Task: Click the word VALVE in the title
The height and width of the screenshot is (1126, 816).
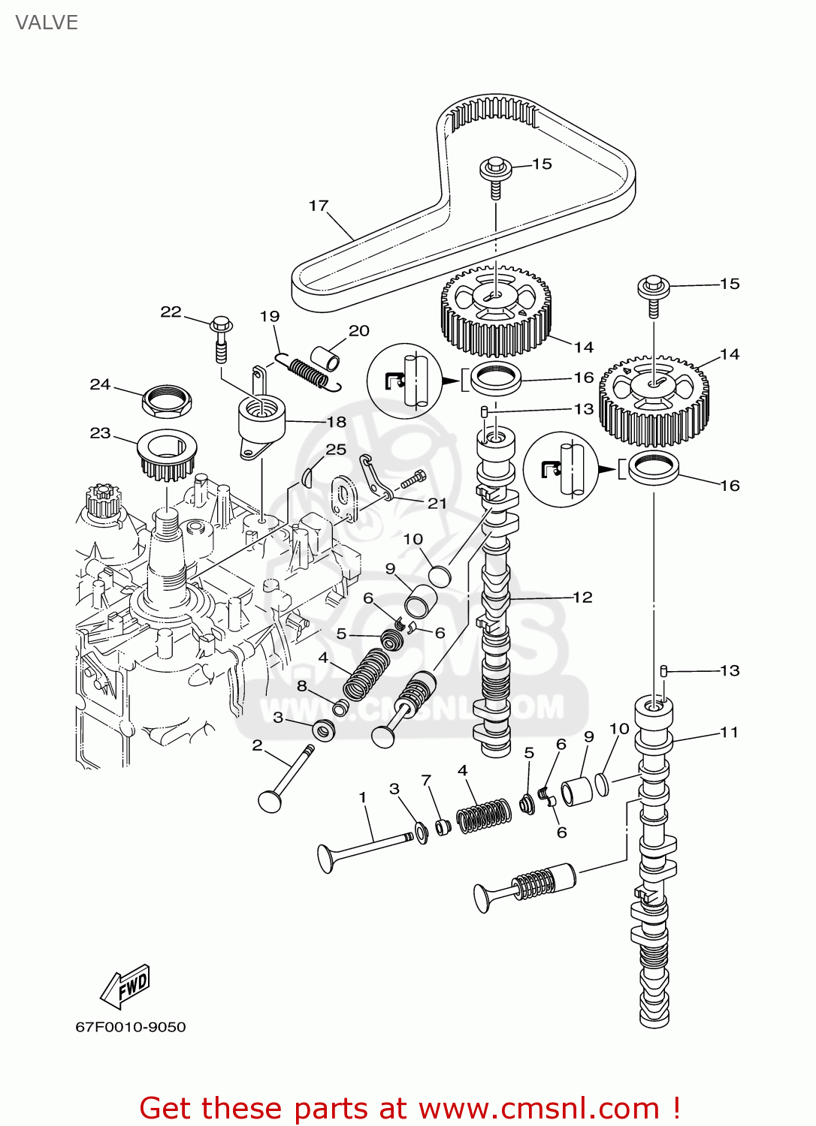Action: [x=47, y=23]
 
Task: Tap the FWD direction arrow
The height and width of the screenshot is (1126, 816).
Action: [x=126, y=986]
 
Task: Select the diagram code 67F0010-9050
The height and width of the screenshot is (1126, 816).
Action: [x=131, y=1027]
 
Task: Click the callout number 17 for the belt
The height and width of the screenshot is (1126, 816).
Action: [x=319, y=206]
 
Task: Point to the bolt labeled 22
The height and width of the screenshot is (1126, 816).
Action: [x=221, y=338]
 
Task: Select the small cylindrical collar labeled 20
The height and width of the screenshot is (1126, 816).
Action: [x=325, y=358]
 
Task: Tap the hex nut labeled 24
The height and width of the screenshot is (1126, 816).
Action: [x=166, y=401]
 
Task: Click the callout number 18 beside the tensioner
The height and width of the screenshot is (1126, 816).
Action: [x=337, y=422]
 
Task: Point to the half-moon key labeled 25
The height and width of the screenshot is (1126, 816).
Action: [x=307, y=475]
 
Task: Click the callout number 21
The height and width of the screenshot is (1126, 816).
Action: [x=437, y=503]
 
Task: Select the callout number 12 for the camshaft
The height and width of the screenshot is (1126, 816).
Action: [x=583, y=598]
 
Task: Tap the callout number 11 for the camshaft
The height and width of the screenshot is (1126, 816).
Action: [x=729, y=732]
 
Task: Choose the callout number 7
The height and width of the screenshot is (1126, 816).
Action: [x=426, y=781]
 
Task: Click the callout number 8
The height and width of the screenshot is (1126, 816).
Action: [x=302, y=685]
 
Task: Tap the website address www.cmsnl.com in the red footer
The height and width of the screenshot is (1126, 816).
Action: [x=538, y=1109]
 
